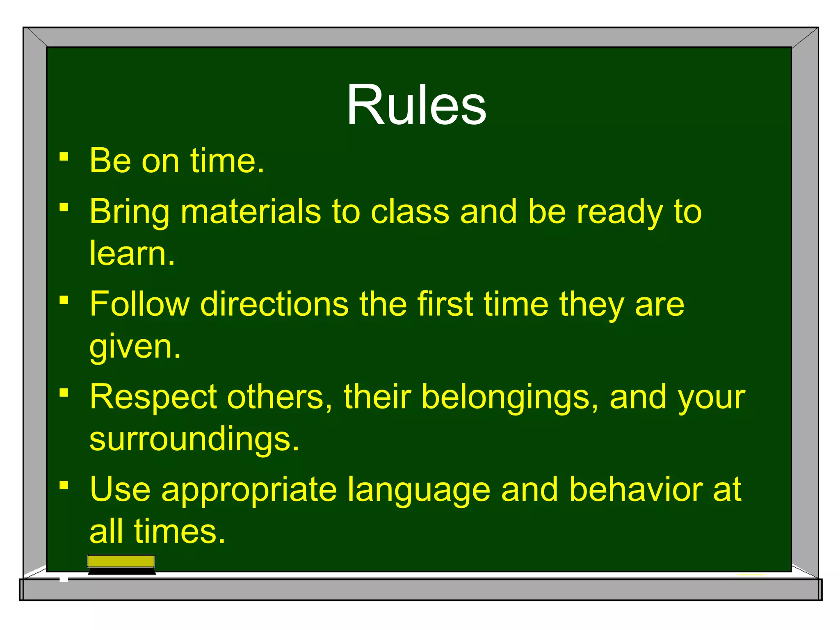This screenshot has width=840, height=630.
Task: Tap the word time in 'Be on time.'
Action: (227, 161)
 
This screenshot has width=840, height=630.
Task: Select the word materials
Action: (250, 212)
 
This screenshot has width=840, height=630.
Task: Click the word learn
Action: (132, 253)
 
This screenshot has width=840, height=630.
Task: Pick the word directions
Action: (274, 304)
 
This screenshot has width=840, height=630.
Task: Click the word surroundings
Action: (194, 439)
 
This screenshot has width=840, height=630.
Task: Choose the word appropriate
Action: (249, 490)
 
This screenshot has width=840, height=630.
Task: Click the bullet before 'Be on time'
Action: (64, 157)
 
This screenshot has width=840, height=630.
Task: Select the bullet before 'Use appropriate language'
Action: (64, 486)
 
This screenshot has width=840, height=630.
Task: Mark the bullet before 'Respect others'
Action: (64, 393)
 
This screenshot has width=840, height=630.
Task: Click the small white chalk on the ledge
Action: (64, 578)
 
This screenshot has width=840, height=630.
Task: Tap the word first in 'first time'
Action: (445, 304)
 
